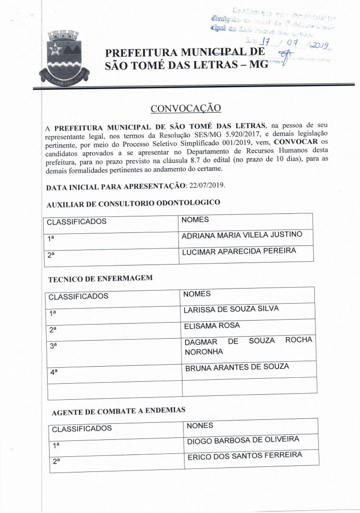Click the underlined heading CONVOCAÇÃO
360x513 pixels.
click(x=186, y=109)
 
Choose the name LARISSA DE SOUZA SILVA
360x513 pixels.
click(x=231, y=310)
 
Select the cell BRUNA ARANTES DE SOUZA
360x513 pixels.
click(x=237, y=367)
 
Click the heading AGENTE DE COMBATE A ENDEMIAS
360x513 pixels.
click(x=119, y=411)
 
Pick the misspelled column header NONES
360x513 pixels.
click(x=200, y=426)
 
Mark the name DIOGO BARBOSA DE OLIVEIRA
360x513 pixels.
click(x=243, y=440)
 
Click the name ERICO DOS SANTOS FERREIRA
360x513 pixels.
click(x=245, y=455)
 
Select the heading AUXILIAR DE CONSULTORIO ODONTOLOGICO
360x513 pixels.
click(x=133, y=203)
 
